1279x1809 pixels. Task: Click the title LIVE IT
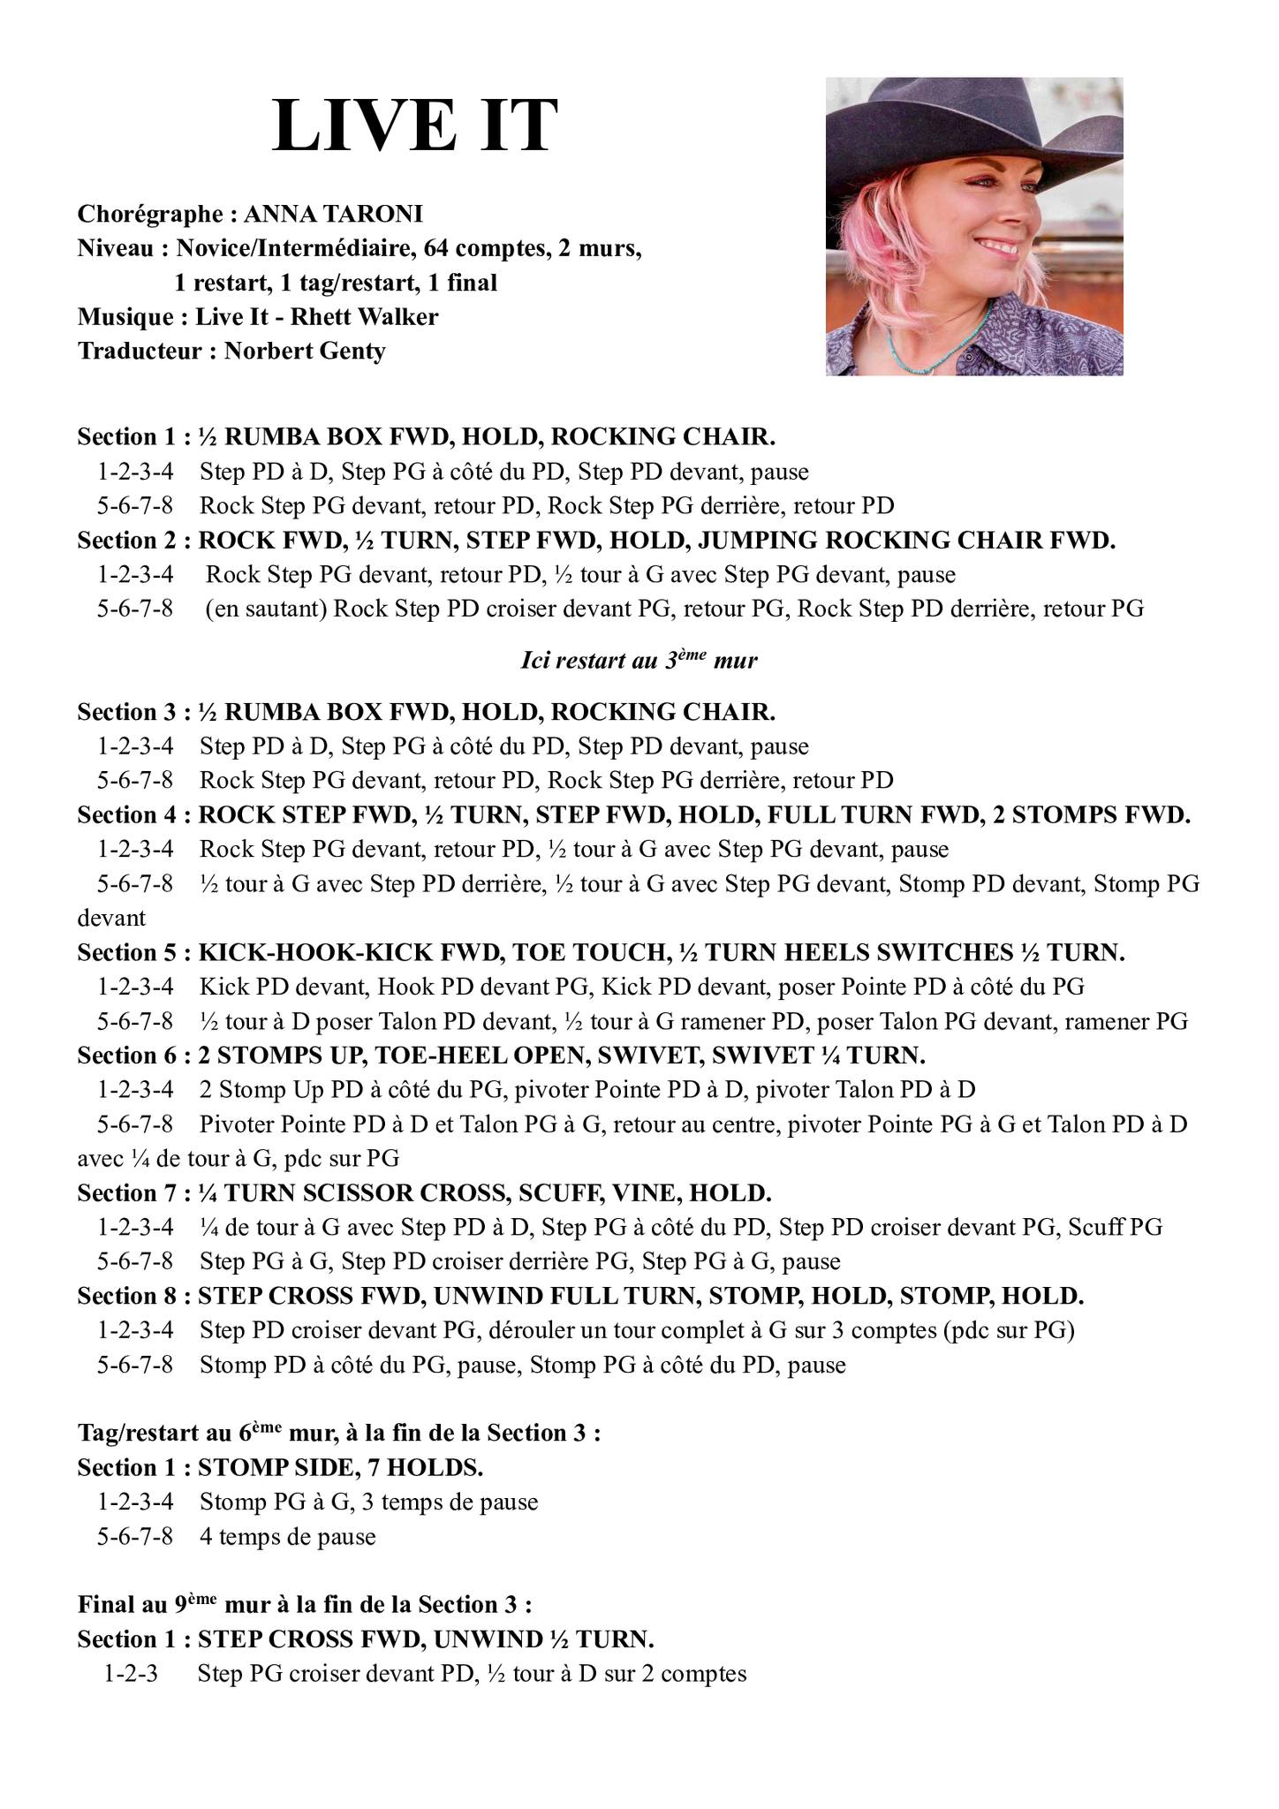click(415, 126)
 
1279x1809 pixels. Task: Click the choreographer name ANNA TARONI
click(333, 214)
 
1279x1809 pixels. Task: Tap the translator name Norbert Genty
click(305, 351)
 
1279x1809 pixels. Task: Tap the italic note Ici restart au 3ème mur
click(639, 661)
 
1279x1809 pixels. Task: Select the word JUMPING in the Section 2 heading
click(768, 540)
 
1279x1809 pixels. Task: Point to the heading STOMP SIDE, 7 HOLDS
click(340, 1467)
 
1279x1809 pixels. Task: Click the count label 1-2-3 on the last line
click(131, 1674)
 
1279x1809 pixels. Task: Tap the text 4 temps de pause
click(287, 1536)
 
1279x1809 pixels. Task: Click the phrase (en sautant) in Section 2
click(266, 609)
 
